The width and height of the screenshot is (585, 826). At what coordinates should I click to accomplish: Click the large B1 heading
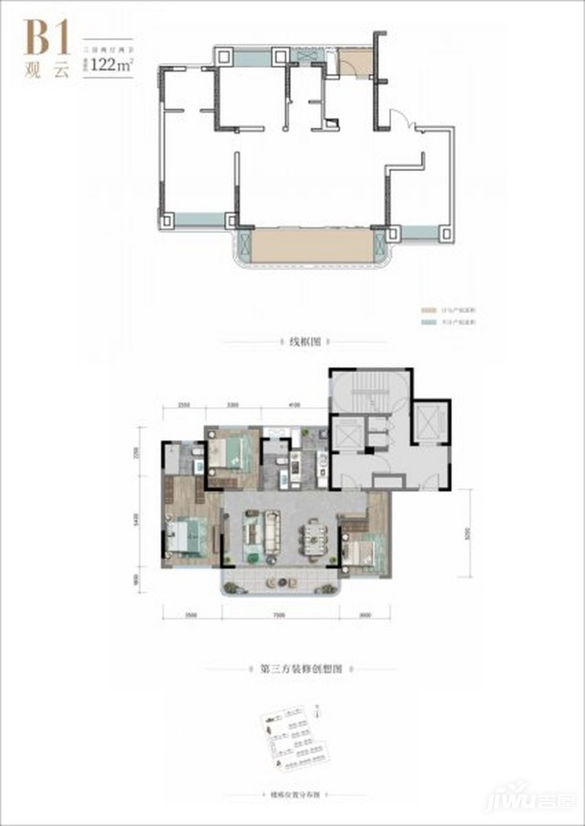click(48, 38)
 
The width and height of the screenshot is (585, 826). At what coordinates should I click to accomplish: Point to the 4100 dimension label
click(295, 404)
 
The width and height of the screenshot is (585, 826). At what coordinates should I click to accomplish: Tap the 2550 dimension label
click(184, 404)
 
